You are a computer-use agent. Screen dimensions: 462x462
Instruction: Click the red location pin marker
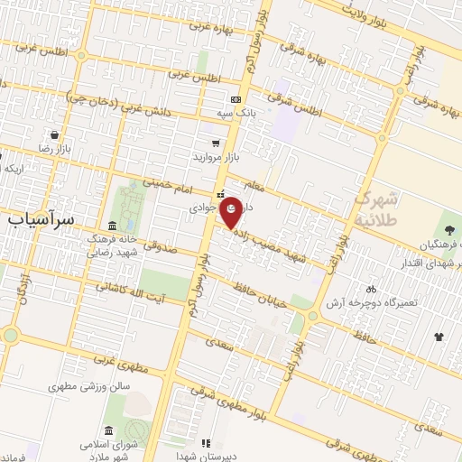pyautogui.click(x=232, y=214)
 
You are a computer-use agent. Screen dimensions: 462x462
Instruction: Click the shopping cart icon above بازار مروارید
pyautogui.click(x=215, y=143)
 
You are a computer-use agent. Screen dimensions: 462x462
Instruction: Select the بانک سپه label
pyautogui.click(x=236, y=114)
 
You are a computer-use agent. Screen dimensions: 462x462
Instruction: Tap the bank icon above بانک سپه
pyautogui.click(x=236, y=99)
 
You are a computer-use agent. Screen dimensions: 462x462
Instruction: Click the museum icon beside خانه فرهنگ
pyautogui.click(x=111, y=225)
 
